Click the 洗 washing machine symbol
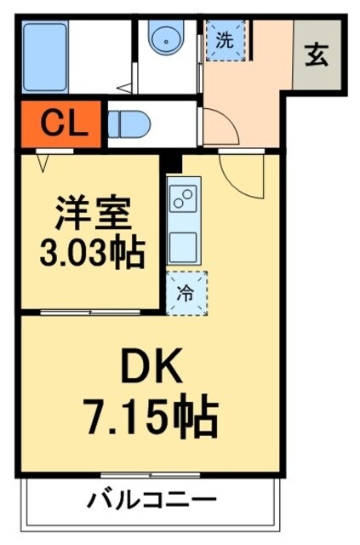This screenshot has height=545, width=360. coord(224,39)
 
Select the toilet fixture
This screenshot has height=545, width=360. coord(129,124)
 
